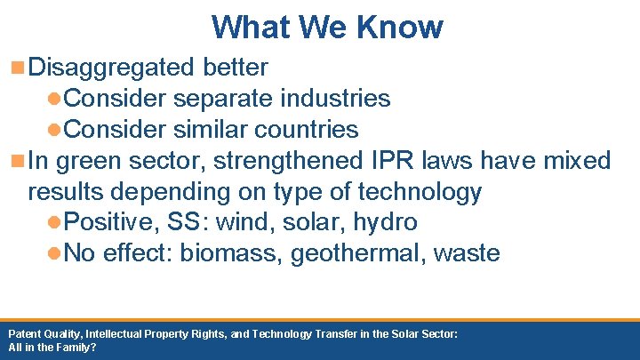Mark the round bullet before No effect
click(54, 254)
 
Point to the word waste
click(467, 253)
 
